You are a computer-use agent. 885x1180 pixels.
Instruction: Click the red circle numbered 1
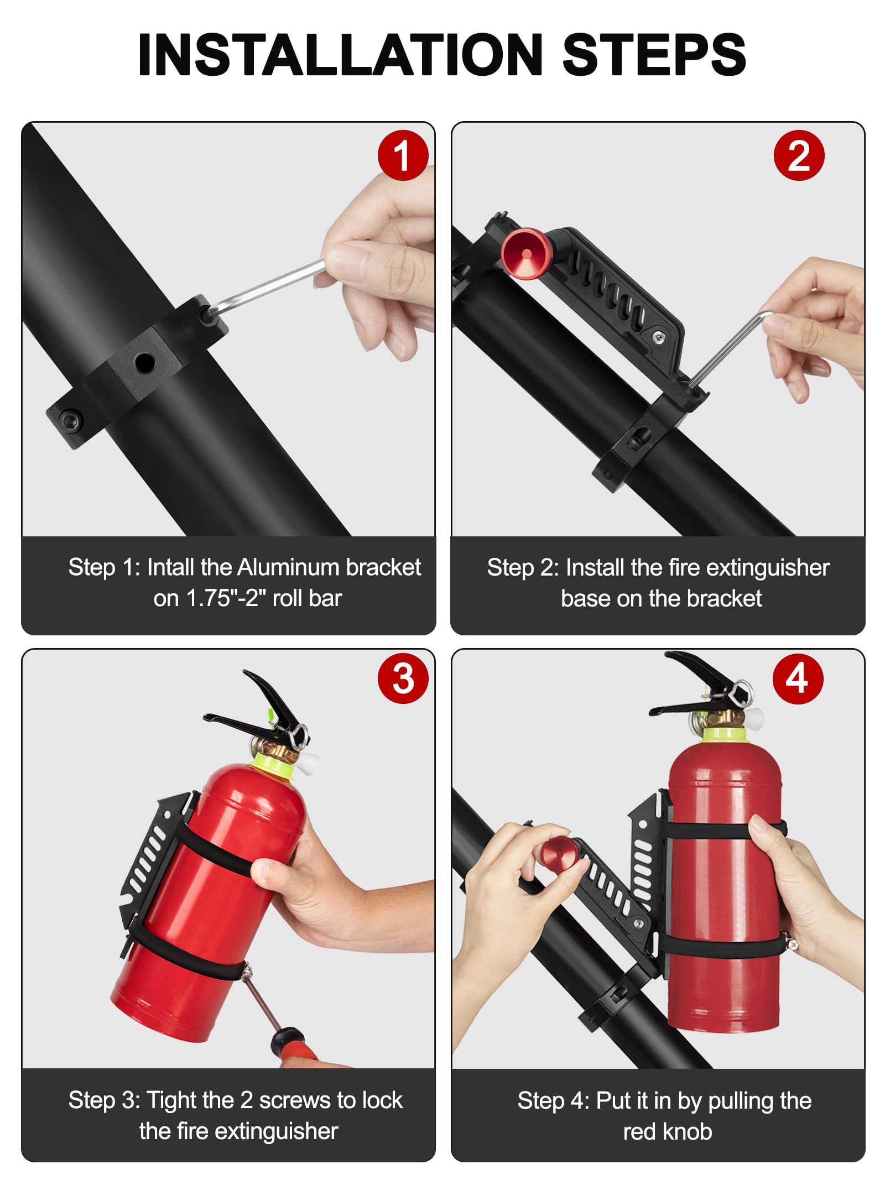click(403, 155)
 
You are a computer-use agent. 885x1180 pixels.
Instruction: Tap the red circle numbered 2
click(799, 155)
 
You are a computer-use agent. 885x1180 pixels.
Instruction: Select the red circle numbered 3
click(403, 678)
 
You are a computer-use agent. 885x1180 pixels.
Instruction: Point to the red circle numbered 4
click(798, 678)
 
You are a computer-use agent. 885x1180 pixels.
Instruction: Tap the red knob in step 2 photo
click(526, 254)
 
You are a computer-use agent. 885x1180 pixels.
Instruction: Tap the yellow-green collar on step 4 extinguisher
click(725, 734)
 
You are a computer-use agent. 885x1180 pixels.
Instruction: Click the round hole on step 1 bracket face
click(144, 363)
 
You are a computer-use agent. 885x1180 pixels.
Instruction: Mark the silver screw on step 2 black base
click(658, 338)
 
